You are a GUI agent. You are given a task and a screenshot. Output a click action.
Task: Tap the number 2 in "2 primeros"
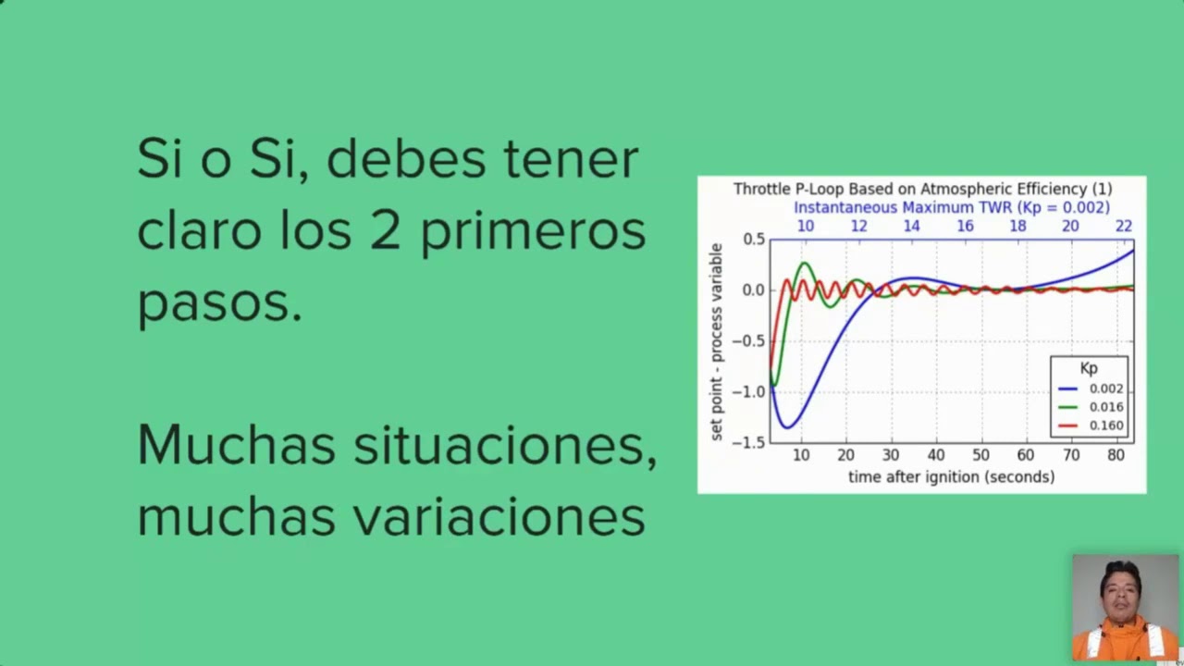(x=386, y=230)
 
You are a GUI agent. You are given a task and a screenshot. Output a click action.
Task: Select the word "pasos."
(x=219, y=302)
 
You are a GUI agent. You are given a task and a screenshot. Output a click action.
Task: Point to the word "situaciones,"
(x=505, y=446)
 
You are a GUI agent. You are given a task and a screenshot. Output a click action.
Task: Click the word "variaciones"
(x=499, y=516)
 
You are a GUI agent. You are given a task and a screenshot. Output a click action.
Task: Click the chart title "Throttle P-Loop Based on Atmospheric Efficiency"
(x=922, y=189)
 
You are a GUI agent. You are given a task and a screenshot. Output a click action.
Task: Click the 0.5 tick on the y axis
(x=754, y=239)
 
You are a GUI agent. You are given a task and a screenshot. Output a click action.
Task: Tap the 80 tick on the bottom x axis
(x=1116, y=455)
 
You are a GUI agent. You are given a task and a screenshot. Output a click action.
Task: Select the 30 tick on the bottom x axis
(x=891, y=455)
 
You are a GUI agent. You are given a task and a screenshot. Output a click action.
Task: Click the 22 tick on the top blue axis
(x=1123, y=226)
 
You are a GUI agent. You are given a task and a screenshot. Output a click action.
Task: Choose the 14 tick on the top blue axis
(x=912, y=226)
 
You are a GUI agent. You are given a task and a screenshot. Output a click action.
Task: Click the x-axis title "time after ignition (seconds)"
(x=951, y=477)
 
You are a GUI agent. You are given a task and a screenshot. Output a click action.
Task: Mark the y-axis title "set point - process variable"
(x=717, y=341)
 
